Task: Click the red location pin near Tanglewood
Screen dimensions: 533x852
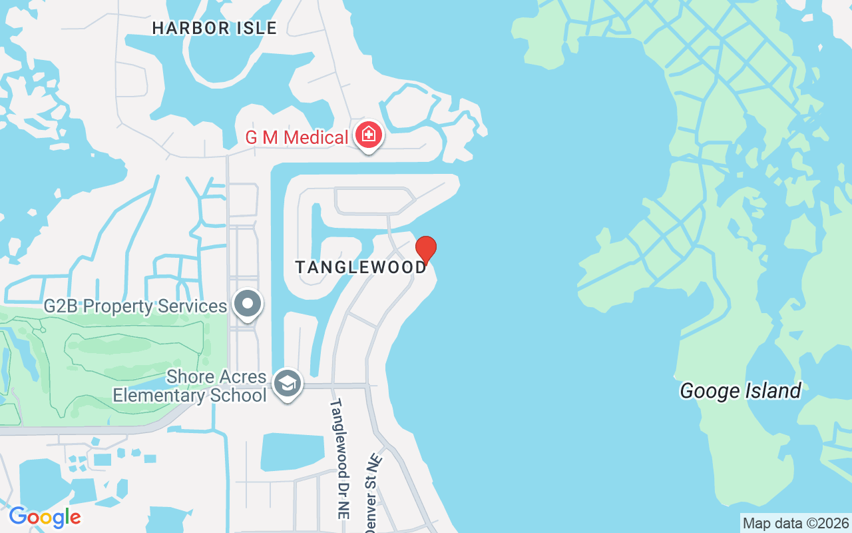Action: click(x=426, y=249)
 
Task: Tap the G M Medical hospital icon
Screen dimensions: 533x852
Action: click(x=368, y=135)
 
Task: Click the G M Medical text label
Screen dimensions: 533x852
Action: click(x=297, y=138)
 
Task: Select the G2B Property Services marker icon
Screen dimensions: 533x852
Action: click(x=248, y=304)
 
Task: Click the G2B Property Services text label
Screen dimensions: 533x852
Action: click(x=135, y=306)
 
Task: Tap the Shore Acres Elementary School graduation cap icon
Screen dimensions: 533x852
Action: click(x=288, y=384)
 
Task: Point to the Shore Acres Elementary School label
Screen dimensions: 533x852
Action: click(x=190, y=386)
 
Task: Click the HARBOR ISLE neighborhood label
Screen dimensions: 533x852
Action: click(x=214, y=28)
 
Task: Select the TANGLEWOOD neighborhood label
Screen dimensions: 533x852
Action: click(x=361, y=267)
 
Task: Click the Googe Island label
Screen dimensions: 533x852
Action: click(x=740, y=390)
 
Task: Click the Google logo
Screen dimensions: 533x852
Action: click(x=45, y=517)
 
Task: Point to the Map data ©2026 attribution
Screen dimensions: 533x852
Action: click(x=795, y=523)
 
